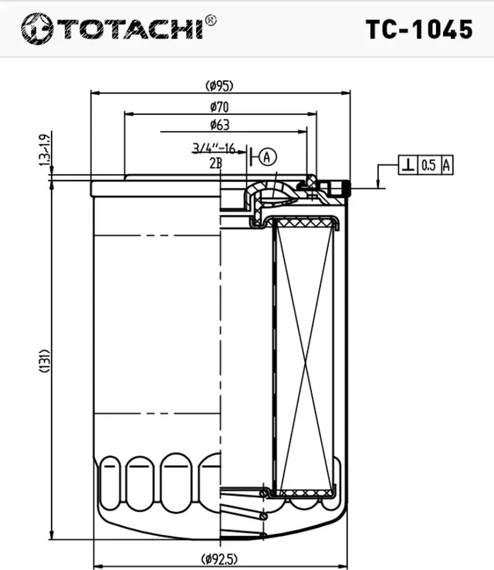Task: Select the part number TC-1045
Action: [x=418, y=29]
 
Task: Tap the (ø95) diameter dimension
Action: [x=219, y=85]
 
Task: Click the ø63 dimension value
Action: [x=219, y=123]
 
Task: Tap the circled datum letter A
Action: [x=266, y=157]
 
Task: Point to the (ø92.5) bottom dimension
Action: [x=219, y=558]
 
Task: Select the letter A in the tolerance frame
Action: [x=446, y=164]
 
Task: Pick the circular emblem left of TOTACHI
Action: [x=36, y=29]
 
